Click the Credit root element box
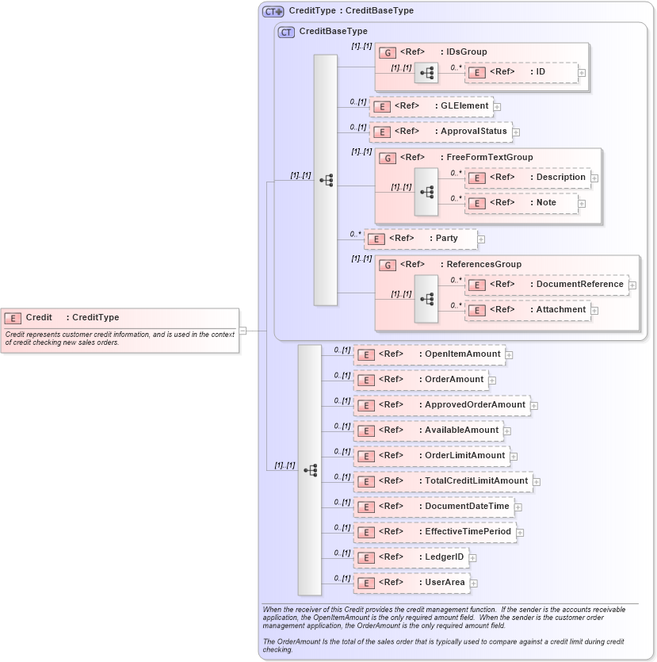point(119,318)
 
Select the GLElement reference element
point(432,106)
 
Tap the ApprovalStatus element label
point(473,132)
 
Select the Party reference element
point(421,239)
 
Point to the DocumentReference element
point(546,285)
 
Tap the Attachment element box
point(527,310)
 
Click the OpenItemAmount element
point(429,354)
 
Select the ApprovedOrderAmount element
point(441,405)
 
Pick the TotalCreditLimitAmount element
point(442,481)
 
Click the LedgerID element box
point(411,557)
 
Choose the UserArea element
point(411,583)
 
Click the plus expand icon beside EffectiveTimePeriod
point(521,533)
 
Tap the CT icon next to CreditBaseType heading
point(287,33)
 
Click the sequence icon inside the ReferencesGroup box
point(426,299)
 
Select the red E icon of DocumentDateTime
point(365,507)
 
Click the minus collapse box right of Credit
point(243,331)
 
